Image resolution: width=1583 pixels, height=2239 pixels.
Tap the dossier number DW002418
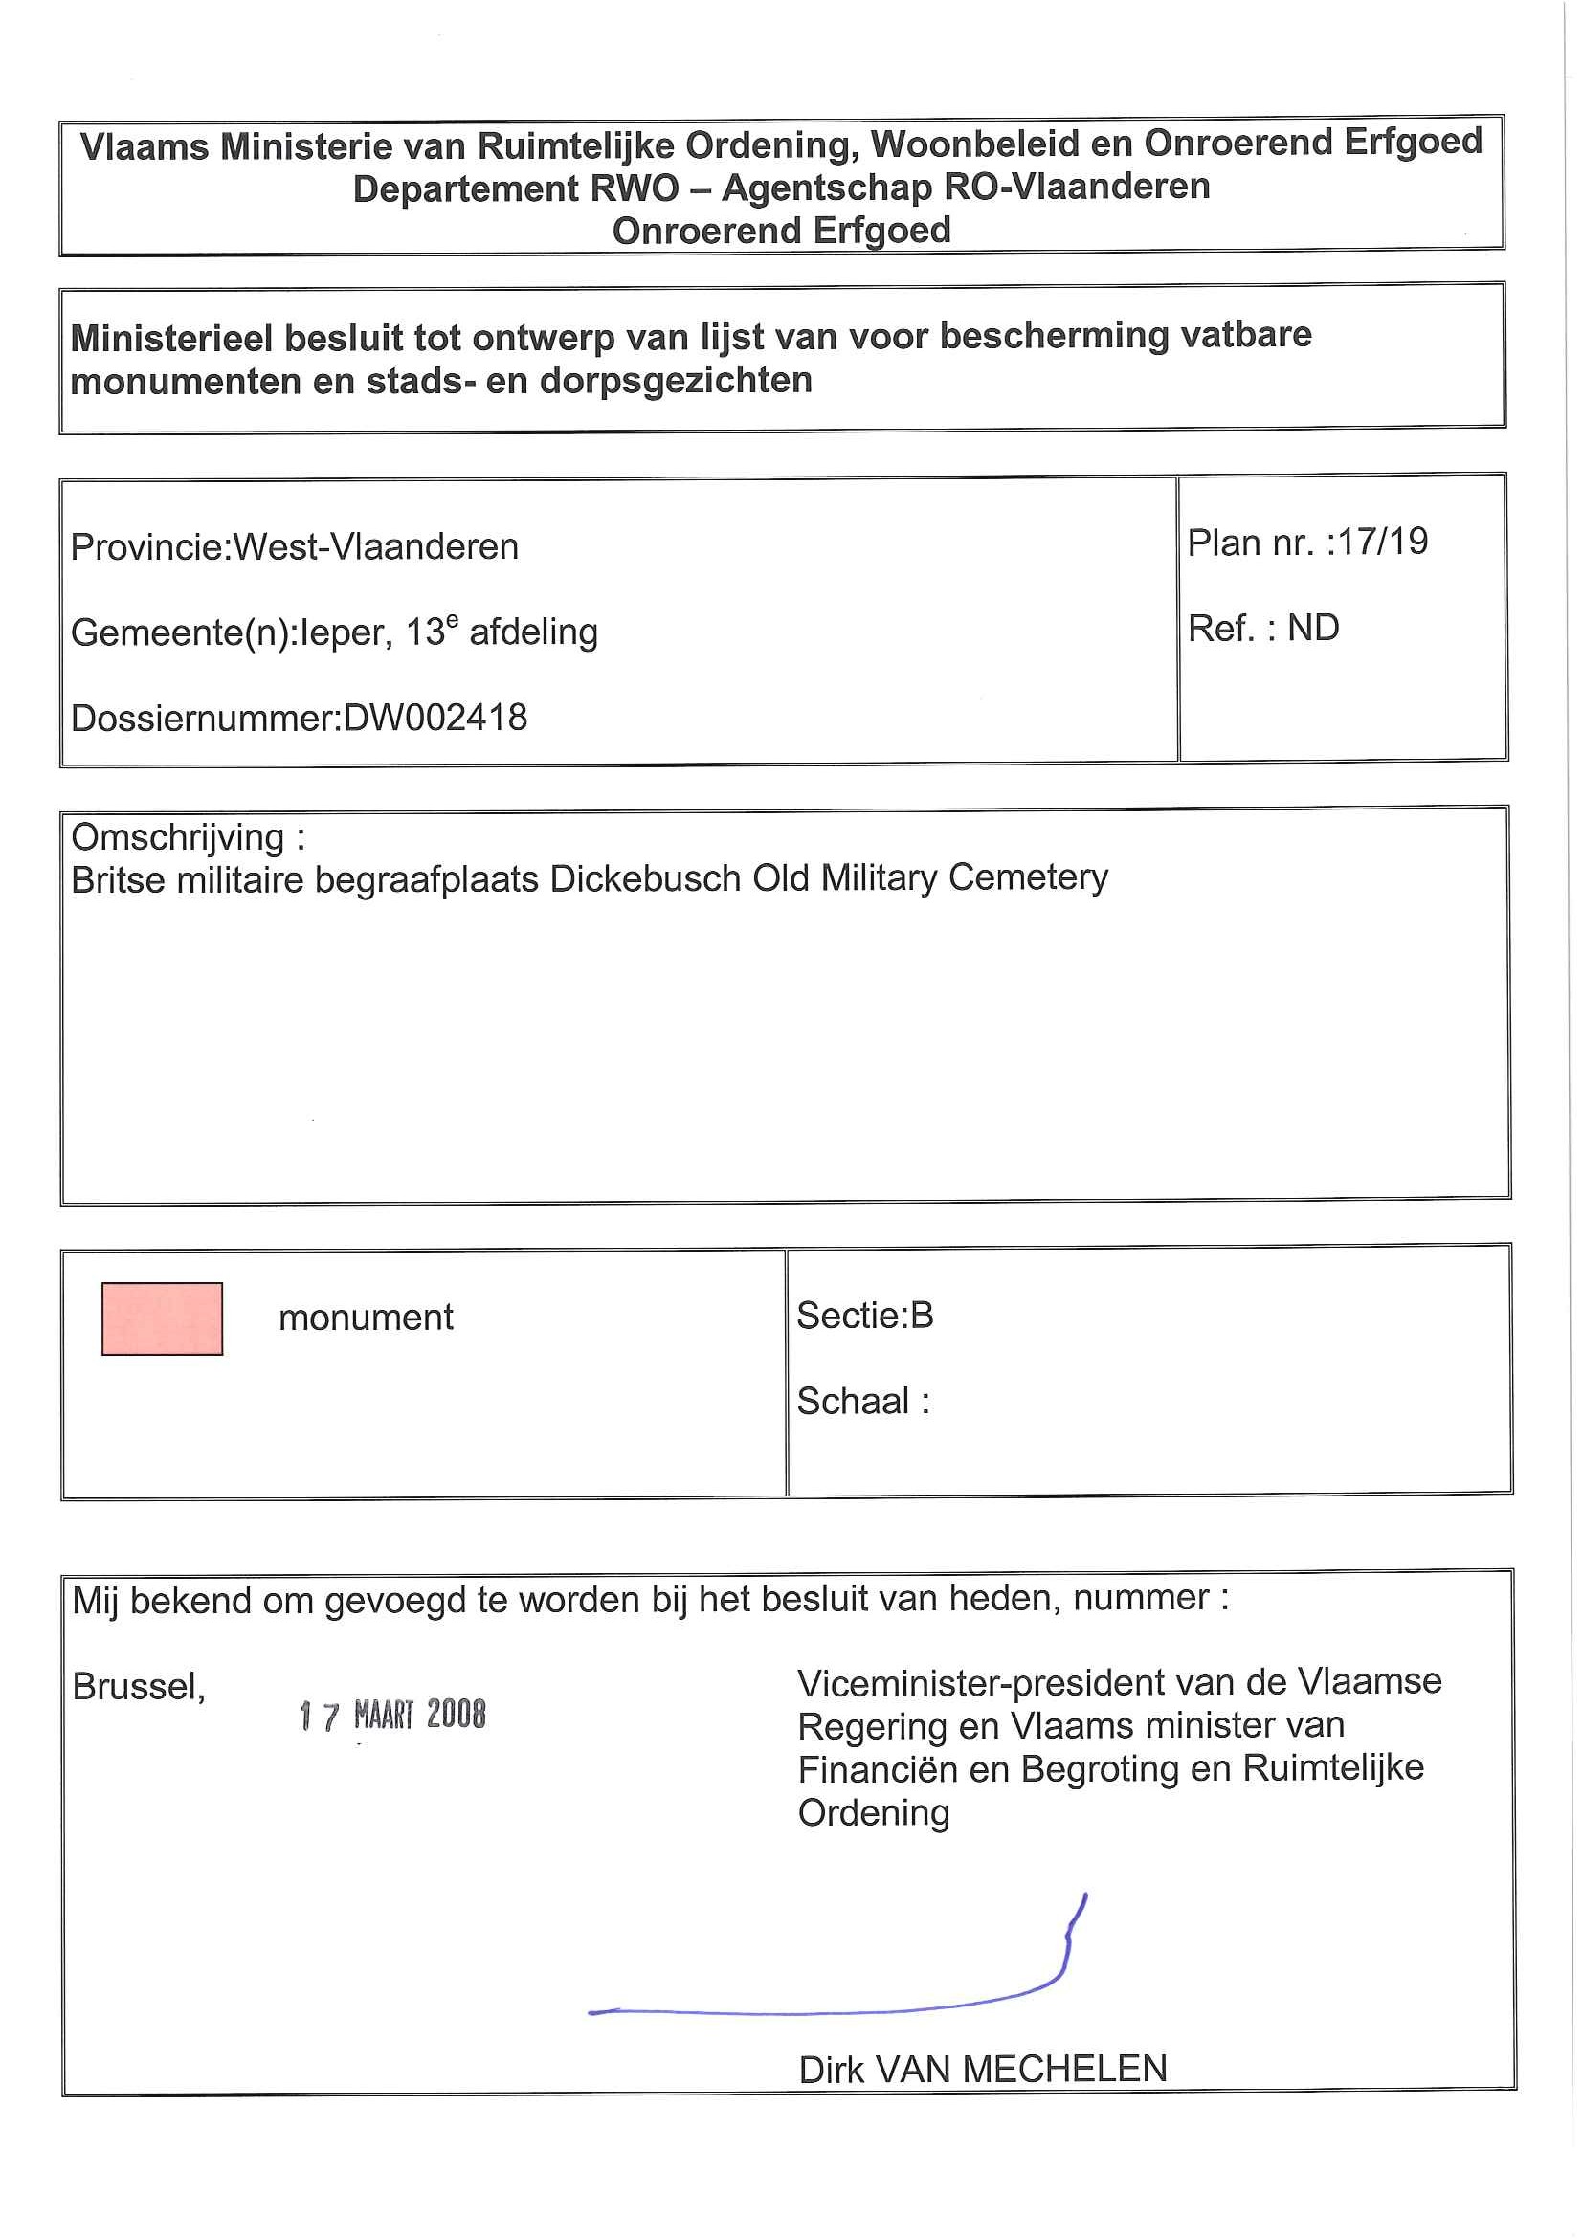(x=435, y=718)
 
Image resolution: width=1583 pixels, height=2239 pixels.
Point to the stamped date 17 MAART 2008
(x=392, y=1715)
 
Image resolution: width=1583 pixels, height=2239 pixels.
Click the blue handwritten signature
(x=838, y=1999)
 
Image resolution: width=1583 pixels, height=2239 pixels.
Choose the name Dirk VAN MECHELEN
(x=982, y=2069)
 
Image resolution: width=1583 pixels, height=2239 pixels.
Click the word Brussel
(x=138, y=1686)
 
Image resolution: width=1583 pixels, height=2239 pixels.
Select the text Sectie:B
(x=864, y=1316)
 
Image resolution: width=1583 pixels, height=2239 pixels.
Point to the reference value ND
(x=1313, y=628)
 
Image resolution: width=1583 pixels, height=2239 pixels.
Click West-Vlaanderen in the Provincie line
(x=375, y=546)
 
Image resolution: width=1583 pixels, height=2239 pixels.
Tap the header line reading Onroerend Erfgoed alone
(x=781, y=232)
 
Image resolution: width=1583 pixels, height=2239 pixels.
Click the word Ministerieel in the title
(x=171, y=339)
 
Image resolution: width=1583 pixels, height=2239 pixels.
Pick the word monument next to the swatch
(x=366, y=1318)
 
